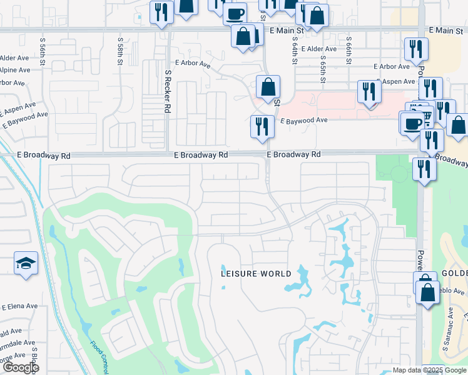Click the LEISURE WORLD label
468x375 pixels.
click(257, 274)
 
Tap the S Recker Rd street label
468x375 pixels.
click(168, 91)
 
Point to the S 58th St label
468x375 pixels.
click(120, 48)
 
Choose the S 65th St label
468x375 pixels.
click(323, 71)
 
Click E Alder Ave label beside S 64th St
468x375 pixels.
click(318, 48)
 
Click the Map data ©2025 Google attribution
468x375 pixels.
click(429, 370)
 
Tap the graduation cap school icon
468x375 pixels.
click(26, 263)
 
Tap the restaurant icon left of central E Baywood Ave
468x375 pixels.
click(262, 126)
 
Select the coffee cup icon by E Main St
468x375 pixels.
click(235, 13)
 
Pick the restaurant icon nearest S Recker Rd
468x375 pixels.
click(161, 12)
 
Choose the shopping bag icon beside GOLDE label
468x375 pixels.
click(428, 292)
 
